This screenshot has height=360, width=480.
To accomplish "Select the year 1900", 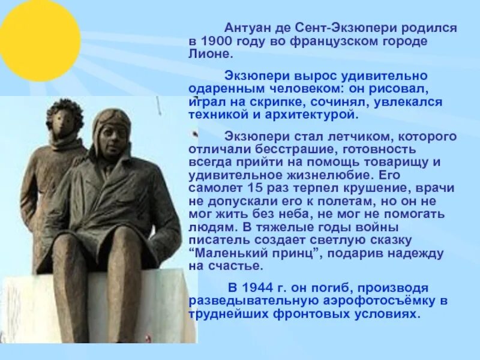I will tap(217, 41).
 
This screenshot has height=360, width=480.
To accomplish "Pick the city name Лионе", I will tap(209, 54).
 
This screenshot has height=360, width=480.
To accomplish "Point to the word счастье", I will tap(236, 265).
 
